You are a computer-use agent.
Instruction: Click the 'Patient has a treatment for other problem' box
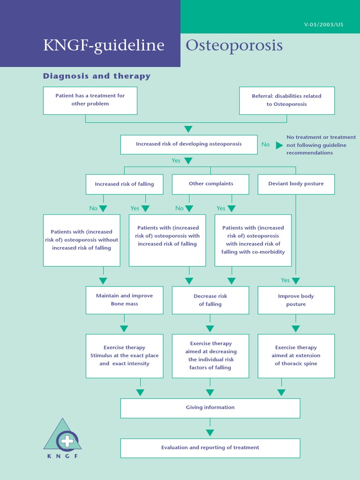(x=90, y=100)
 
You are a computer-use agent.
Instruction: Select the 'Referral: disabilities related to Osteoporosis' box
(x=287, y=100)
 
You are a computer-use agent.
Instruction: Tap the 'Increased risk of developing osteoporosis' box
(x=189, y=144)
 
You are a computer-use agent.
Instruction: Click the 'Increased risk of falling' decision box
(x=124, y=184)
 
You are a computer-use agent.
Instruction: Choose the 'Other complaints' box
(x=210, y=184)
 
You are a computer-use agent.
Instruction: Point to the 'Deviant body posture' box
(x=296, y=184)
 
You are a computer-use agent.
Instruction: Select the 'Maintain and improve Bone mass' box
(x=124, y=300)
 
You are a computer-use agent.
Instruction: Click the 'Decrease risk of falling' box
(x=210, y=300)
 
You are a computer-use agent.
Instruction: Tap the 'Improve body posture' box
(x=296, y=300)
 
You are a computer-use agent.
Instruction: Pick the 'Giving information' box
(x=210, y=408)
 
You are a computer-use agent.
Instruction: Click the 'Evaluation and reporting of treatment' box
(x=210, y=448)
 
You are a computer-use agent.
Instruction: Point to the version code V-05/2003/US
(x=323, y=25)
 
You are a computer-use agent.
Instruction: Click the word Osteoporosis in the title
(x=234, y=45)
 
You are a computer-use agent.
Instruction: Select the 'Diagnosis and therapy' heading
(x=97, y=76)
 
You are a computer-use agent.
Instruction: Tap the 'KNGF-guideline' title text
(x=104, y=45)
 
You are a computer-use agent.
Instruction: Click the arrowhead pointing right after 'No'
(x=279, y=145)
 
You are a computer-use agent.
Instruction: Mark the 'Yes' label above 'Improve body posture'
(x=285, y=280)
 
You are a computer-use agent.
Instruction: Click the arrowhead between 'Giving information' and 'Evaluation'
(x=210, y=433)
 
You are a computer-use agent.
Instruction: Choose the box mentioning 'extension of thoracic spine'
(x=296, y=356)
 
